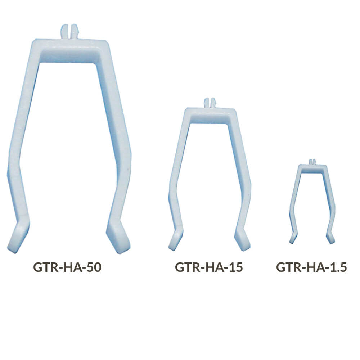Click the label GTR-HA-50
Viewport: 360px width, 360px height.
67,267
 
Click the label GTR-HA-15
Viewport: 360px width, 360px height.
209,267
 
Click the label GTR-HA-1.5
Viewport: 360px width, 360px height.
311,267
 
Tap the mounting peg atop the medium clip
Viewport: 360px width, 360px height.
210,103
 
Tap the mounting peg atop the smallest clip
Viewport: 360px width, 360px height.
312,162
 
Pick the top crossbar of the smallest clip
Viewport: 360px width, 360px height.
312,168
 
